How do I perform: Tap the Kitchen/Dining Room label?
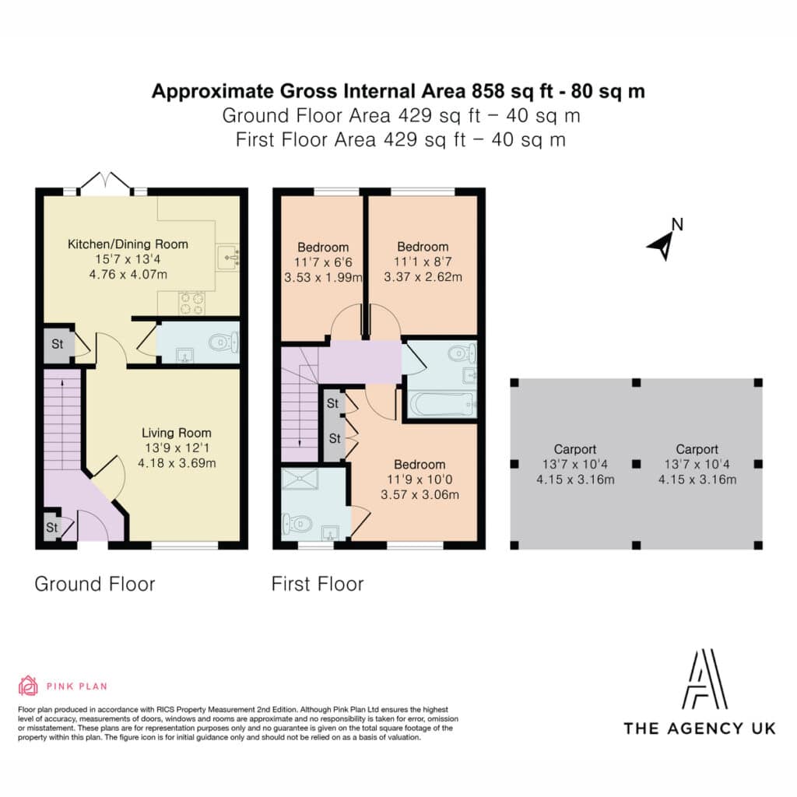pos(128,244)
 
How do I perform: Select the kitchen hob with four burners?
pos(192,303)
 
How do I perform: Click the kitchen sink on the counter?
pos(228,257)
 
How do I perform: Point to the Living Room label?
pos(177,433)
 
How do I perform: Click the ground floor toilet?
pos(223,342)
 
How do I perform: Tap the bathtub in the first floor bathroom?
pos(441,405)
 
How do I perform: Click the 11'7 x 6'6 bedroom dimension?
pos(323,262)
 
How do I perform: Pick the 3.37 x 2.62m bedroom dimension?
pos(423,277)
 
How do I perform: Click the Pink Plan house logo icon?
pos(28,686)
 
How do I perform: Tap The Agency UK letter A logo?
pos(704,679)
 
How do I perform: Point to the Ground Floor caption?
pos(95,584)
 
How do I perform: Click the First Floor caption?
pos(318,584)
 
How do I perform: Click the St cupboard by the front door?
pos(52,527)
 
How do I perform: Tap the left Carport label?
pos(575,449)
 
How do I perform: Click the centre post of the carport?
pos(636,464)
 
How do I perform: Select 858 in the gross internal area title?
pos(488,92)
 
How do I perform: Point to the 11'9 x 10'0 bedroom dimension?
pos(420,479)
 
